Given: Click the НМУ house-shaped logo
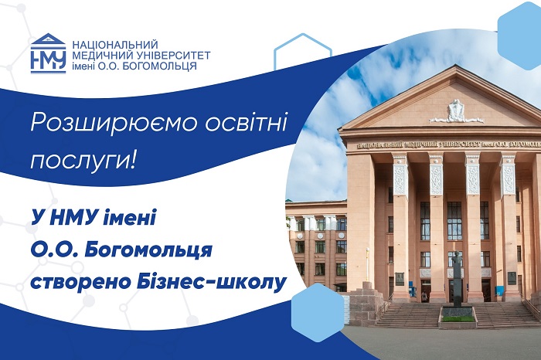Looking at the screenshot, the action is [48, 53].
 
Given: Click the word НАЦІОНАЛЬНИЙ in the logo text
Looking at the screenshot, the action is [115, 45].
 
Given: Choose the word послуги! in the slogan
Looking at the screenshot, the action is [82, 160].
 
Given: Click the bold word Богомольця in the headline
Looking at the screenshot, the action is [148, 251].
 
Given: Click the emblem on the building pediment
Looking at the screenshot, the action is [456, 111].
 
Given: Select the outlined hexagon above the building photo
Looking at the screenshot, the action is [303, 51].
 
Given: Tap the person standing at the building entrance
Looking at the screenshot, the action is [424, 296].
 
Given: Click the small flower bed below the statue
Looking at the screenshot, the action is [458, 319].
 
